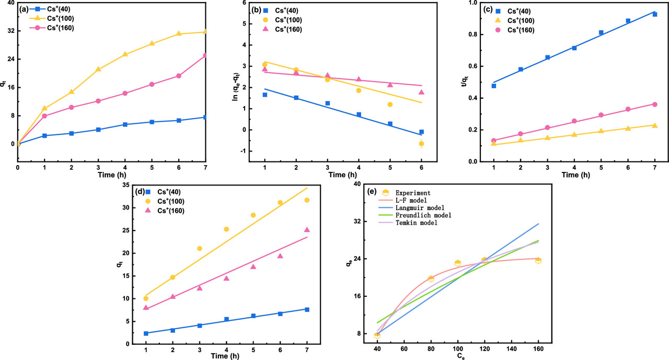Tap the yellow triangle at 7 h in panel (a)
(x=205, y=32)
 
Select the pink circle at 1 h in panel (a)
(x=44, y=116)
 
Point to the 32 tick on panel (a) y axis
(x=10, y=31)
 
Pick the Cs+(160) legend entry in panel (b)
(x=293, y=29)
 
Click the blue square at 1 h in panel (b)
(x=265, y=95)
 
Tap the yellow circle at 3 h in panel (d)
(x=200, y=249)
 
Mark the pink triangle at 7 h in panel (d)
(x=307, y=230)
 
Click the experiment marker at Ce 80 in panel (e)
(x=431, y=278)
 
